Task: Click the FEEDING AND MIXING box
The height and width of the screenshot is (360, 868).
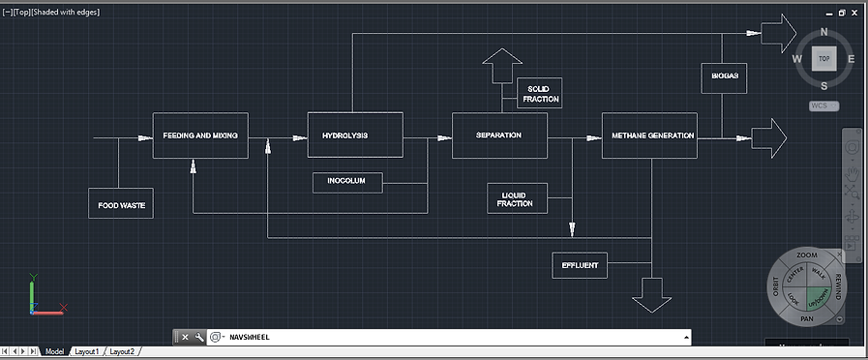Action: [x=200, y=135]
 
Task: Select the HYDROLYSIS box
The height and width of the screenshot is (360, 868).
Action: [x=354, y=135]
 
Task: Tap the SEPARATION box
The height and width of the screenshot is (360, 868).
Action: [x=499, y=135]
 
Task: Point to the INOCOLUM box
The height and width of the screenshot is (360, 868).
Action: [x=346, y=182]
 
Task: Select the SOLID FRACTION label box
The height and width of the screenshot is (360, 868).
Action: [x=539, y=94]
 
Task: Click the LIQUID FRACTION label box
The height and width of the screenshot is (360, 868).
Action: [x=517, y=198]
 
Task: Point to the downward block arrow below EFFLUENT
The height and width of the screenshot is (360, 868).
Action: [x=653, y=294]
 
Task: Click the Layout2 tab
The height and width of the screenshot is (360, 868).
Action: [x=122, y=351]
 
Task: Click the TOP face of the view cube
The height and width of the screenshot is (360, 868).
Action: [x=823, y=59]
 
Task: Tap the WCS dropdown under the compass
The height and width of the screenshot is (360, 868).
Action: [x=823, y=105]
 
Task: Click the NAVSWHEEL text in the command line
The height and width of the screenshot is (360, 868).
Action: [x=250, y=338]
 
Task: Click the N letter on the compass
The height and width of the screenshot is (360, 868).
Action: [x=823, y=32]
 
